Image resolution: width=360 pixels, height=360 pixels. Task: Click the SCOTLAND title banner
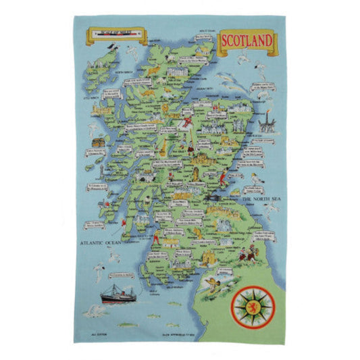pos(246,41)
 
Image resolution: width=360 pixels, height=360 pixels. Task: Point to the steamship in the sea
pos(119,295)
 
